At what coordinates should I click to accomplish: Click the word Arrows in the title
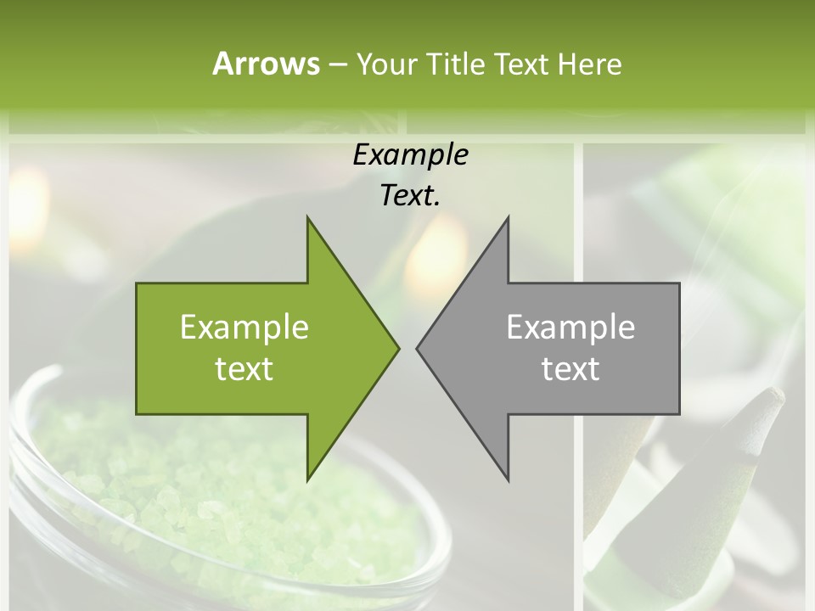266,64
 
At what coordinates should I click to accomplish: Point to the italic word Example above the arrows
410,155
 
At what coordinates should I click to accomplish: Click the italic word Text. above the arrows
410,196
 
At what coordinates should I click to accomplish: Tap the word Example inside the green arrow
244,328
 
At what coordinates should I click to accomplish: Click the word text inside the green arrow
244,368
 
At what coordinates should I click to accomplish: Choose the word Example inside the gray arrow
570,328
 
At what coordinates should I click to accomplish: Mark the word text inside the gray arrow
570,368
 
